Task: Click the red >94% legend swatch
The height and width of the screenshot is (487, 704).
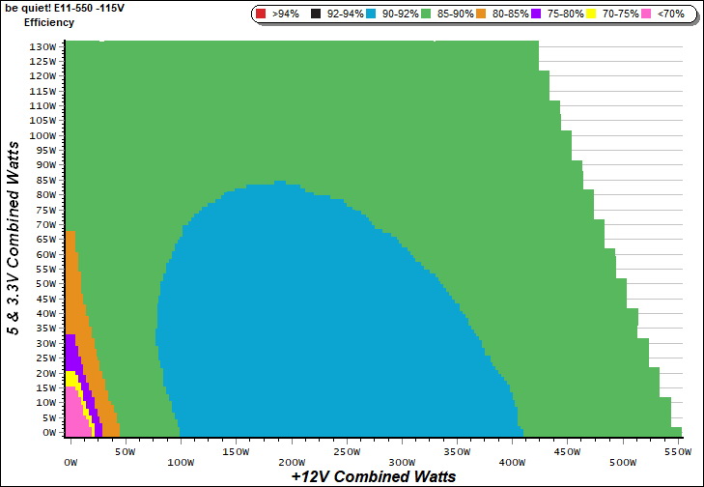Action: pyautogui.click(x=261, y=14)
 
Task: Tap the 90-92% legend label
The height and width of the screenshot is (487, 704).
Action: pyautogui.click(x=402, y=14)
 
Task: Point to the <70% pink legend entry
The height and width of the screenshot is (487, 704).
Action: pyautogui.click(x=662, y=14)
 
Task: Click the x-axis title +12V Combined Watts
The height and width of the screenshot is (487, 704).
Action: pyautogui.click(x=373, y=476)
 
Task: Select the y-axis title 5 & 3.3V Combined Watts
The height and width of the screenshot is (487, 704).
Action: pyautogui.click(x=14, y=238)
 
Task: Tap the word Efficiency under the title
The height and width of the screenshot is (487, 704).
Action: pyautogui.click(x=49, y=21)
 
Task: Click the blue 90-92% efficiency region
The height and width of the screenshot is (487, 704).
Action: pyautogui.click(x=290, y=319)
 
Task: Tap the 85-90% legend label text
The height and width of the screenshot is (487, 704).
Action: pyautogui.click(x=456, y=14)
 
